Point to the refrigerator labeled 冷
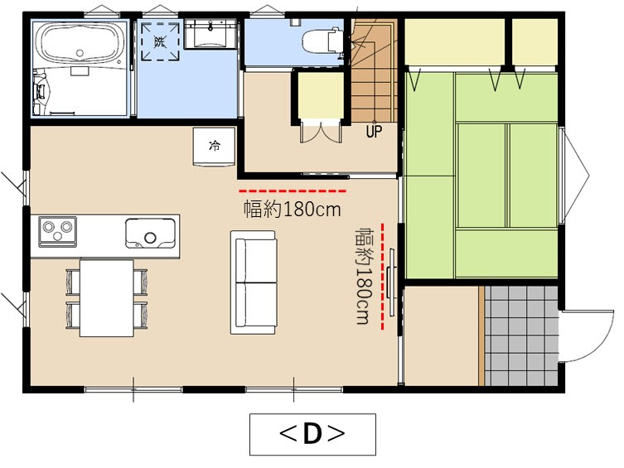click(215, 147)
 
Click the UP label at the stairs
click(375, 130)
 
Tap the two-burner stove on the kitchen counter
click(57, 227)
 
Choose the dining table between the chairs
click(106, 297)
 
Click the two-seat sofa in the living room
click(254, 282)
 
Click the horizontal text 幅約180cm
click(292, 209)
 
